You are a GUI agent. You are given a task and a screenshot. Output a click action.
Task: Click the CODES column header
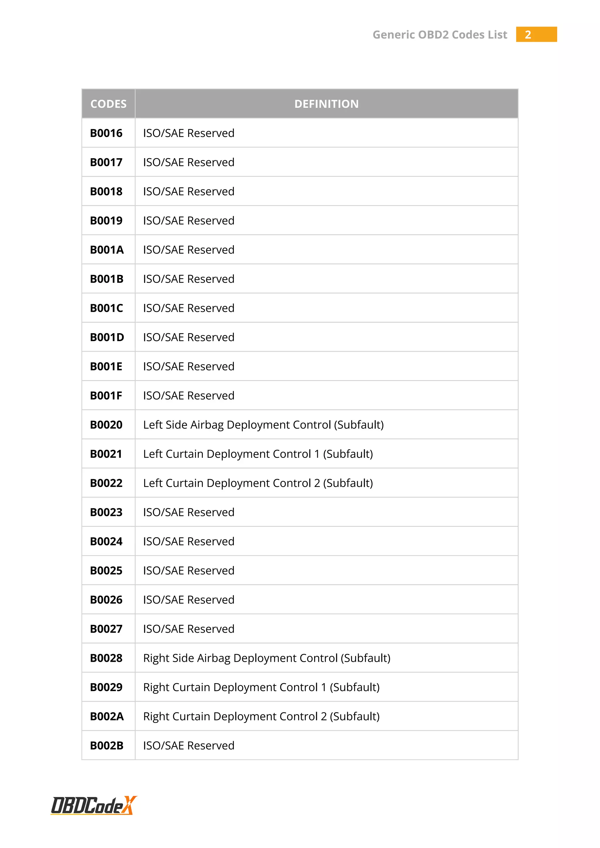[108, 104]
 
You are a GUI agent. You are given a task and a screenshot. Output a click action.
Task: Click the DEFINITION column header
[326, 104]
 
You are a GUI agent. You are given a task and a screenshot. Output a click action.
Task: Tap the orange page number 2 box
[536, 34]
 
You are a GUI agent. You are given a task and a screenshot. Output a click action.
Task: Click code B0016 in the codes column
[106, 133]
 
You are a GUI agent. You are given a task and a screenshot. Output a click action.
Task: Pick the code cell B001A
[107, 250]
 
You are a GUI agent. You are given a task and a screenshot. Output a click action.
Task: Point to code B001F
[106, 396]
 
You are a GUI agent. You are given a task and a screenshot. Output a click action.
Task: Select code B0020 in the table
[106, 425]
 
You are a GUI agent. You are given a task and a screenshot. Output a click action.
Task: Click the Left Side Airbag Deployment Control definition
[263, 425]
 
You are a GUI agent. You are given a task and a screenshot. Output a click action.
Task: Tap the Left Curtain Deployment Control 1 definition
[258, 454]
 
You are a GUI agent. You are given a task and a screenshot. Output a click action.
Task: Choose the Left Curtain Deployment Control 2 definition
[258, 483]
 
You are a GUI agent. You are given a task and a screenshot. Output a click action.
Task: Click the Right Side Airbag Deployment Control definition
[267, 658]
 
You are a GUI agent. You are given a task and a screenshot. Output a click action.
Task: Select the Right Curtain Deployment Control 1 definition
[261, 687]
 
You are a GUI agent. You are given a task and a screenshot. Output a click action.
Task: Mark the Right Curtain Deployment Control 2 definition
[261, 717]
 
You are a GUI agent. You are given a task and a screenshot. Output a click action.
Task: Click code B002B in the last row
[107, 746]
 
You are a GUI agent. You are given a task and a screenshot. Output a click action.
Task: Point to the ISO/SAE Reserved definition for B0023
[189, 512]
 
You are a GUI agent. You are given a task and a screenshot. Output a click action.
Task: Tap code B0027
[106, 629]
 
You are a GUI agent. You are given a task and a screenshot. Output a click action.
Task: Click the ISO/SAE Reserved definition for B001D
[189, 337]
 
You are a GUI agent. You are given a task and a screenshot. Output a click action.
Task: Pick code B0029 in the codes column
[106, 687]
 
